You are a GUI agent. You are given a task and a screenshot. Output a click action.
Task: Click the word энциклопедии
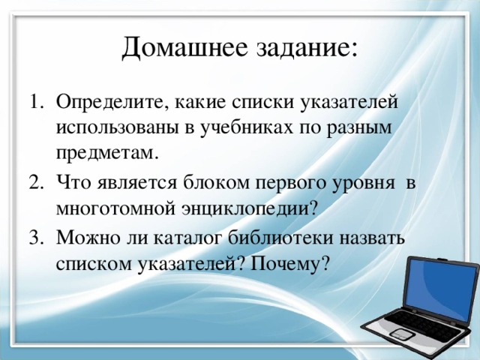248,209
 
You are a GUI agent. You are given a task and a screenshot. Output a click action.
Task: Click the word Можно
83,238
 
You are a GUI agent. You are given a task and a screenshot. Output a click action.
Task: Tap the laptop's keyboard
416,327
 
